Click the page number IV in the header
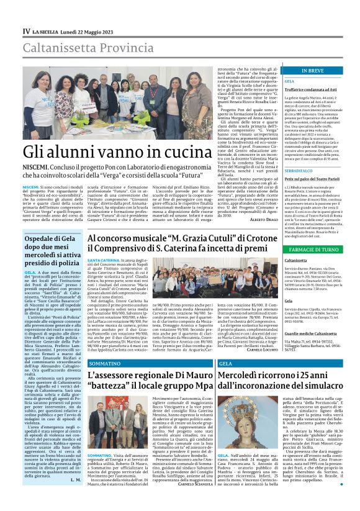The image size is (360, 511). click(x=26, y=30)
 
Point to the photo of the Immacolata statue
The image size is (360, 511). click(x=282, y=428)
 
